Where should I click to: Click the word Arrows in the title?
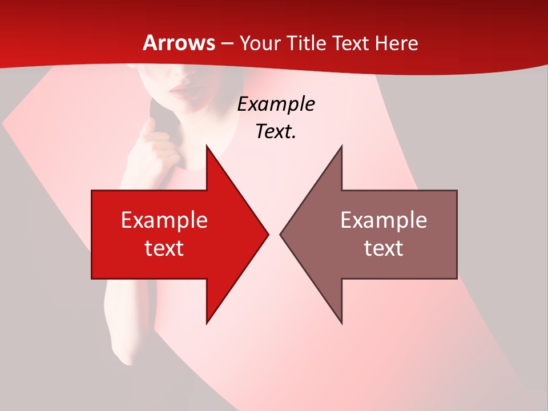(179, 43)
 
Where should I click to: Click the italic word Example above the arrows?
(276, 104)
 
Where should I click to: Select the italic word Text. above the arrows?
(276, 131)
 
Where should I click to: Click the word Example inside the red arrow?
(164, 220)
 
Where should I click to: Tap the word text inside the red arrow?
(164, 248)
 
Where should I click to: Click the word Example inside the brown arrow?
(384, 220)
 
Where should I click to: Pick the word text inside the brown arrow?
(384, 248)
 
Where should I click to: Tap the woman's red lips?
(183, 90)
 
